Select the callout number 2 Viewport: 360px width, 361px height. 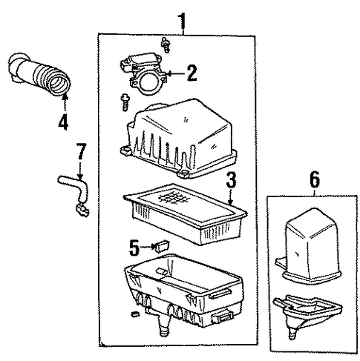point(192,73)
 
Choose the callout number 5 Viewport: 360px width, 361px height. point(134,248)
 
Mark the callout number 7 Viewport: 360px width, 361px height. point(80,152)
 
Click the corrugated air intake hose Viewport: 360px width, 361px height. point(39,74)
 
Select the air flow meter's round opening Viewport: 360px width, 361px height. point(148,83)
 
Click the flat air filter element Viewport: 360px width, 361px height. point(186,213)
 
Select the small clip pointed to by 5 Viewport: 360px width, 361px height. point(162,245)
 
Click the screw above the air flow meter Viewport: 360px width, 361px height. point(165,44)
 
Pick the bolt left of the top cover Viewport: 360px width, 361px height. point(125,103)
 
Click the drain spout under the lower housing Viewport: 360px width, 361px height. point(163,325)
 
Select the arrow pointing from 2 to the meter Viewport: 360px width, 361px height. point(176,73)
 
